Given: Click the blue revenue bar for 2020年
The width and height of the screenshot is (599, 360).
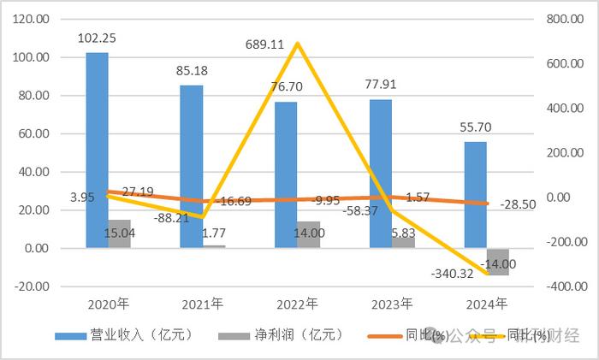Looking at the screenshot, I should (97, 150).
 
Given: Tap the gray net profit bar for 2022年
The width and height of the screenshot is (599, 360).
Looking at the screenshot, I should (309, 234).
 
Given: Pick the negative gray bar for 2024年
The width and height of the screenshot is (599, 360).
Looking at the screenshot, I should (498, 262).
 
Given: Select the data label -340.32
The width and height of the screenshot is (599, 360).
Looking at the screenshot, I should (453, 274).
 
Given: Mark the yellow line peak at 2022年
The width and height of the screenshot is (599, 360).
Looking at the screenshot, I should (297, 43).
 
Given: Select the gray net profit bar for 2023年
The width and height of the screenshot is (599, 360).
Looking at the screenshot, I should (403, 242).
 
